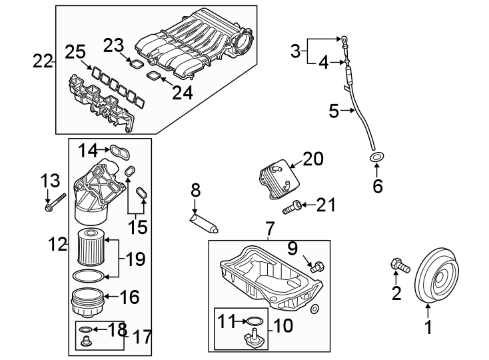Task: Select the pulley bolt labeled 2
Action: (398, 265)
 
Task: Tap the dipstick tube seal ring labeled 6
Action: (377, 158)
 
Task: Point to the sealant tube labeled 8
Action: (204, 221)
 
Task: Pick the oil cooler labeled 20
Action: (276, 176)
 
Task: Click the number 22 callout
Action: (43, 62)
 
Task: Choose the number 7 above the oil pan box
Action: (269, 229)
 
